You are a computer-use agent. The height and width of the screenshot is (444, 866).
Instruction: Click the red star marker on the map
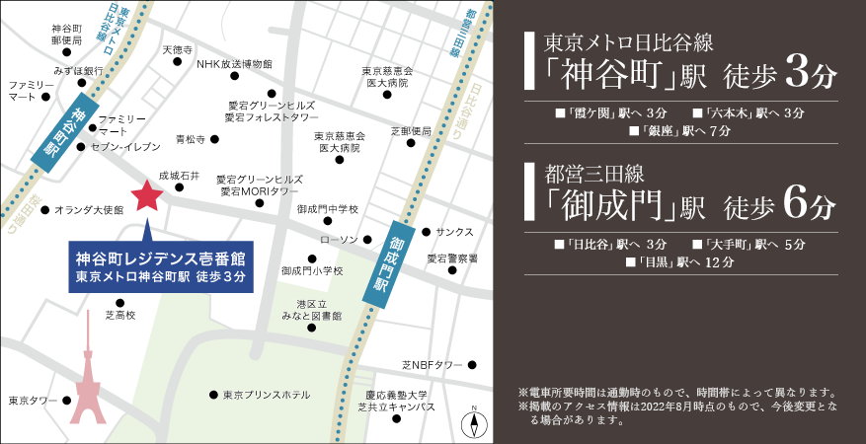click(147, 195)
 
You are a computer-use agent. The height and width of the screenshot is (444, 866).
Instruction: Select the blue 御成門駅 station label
click(395, 260)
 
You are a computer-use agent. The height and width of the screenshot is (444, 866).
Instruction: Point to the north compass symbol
click(475, 424)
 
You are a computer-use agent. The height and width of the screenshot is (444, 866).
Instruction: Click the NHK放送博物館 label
click(234, 65)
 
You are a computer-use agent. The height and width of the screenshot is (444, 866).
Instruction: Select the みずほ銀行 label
click(79, 71)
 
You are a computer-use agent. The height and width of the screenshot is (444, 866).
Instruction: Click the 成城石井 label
click(180, 176)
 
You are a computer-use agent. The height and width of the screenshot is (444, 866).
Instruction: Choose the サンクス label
click(454, 232)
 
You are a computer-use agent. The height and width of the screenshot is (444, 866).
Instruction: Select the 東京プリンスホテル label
click(266, 395)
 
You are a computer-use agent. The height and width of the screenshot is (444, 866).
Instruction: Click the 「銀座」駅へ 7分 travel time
click(679, 131)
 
